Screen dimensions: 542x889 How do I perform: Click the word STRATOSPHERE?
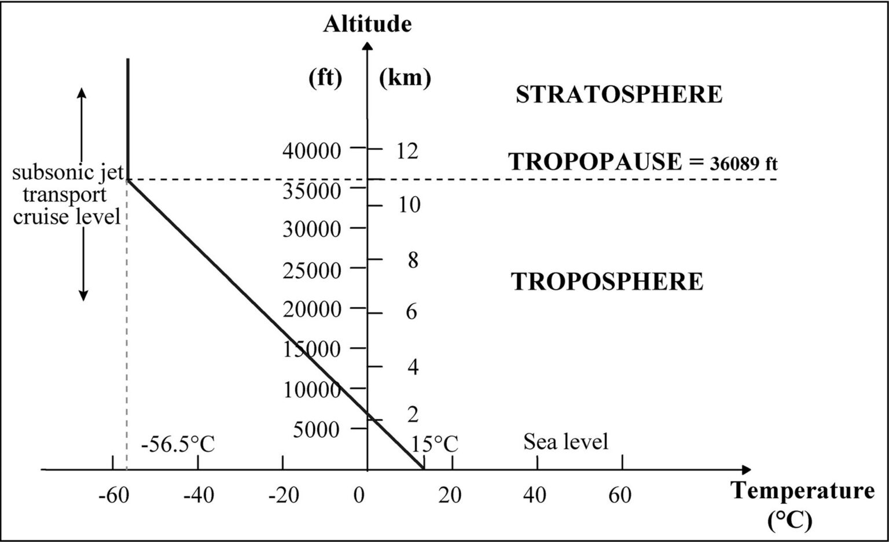point(619,95)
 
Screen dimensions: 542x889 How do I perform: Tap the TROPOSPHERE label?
point(607,282)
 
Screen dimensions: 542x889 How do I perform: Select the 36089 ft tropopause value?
point(743,164)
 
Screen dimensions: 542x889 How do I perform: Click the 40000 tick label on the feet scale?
point(312,151)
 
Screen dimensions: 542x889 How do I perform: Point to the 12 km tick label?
point(407,151)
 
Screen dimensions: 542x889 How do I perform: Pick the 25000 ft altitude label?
point(312,270)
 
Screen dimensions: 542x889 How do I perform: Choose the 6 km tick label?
point(411,312)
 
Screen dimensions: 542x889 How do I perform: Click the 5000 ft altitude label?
point(316,430)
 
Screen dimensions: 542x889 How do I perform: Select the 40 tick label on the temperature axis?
point(535,496)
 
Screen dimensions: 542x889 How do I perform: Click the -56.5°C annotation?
point(178,445)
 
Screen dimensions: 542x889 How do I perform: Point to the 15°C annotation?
point(435,445)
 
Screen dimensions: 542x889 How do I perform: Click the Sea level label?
point(565,442)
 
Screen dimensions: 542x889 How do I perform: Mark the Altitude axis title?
point(367,24)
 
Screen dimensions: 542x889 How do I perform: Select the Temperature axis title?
point(803,491)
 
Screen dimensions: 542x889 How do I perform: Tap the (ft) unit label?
point(325,77)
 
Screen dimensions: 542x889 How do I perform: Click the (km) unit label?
point(405,77)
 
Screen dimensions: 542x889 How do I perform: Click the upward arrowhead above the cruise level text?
point(82,93)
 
